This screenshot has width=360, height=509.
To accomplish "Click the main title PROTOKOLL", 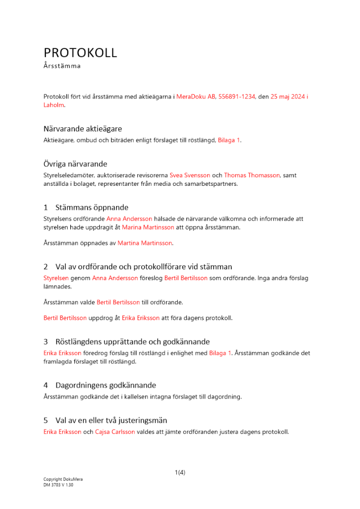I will point(80,52).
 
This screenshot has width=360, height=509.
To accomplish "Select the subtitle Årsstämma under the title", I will point(62,66).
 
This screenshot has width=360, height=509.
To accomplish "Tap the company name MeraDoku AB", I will point(196,96).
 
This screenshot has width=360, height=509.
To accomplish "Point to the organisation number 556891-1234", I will point(237,96).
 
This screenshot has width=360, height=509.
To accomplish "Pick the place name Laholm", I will point(53,105).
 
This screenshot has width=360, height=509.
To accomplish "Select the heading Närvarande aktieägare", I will point(82,129).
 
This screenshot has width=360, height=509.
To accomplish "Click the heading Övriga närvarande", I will point(75,164).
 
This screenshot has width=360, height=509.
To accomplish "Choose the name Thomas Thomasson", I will point(252,175).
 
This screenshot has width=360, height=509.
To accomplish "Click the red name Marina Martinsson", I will point(148,228).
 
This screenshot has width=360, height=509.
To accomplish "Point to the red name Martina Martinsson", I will point(145,243).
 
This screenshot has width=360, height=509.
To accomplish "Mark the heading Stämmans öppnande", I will point(92,207).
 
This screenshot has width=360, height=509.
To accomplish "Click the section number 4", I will point(46,385).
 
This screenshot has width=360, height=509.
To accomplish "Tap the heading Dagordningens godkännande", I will point(105,385).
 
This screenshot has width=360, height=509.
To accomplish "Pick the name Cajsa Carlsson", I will point(115,432).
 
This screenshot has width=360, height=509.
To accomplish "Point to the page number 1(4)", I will point(180,472).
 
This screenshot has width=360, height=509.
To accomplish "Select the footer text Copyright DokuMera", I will point(63,479).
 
